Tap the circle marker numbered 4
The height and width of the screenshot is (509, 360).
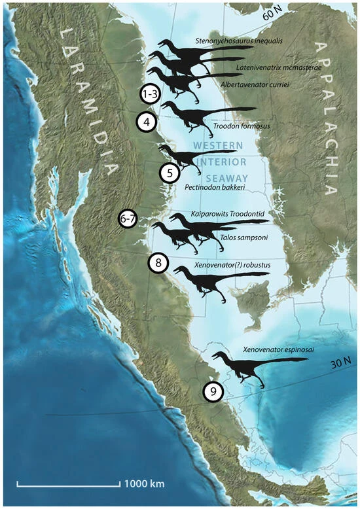[147, 122]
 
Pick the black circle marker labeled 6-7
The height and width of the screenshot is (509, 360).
[128, 220]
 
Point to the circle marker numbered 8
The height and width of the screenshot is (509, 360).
[158, 263]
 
